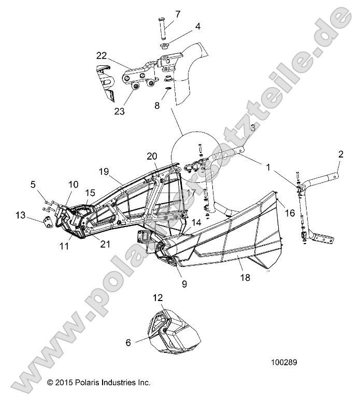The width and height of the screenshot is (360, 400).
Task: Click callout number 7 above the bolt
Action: click(x=178, y=14)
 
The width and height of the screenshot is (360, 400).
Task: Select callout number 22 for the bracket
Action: click(x=102, y=56)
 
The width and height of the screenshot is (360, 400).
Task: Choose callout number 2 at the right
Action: click(x=340, y=153)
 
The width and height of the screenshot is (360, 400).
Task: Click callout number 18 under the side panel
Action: click(x=245, y=277)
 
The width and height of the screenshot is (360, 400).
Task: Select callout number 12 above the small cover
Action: click(x=158, y=297)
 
